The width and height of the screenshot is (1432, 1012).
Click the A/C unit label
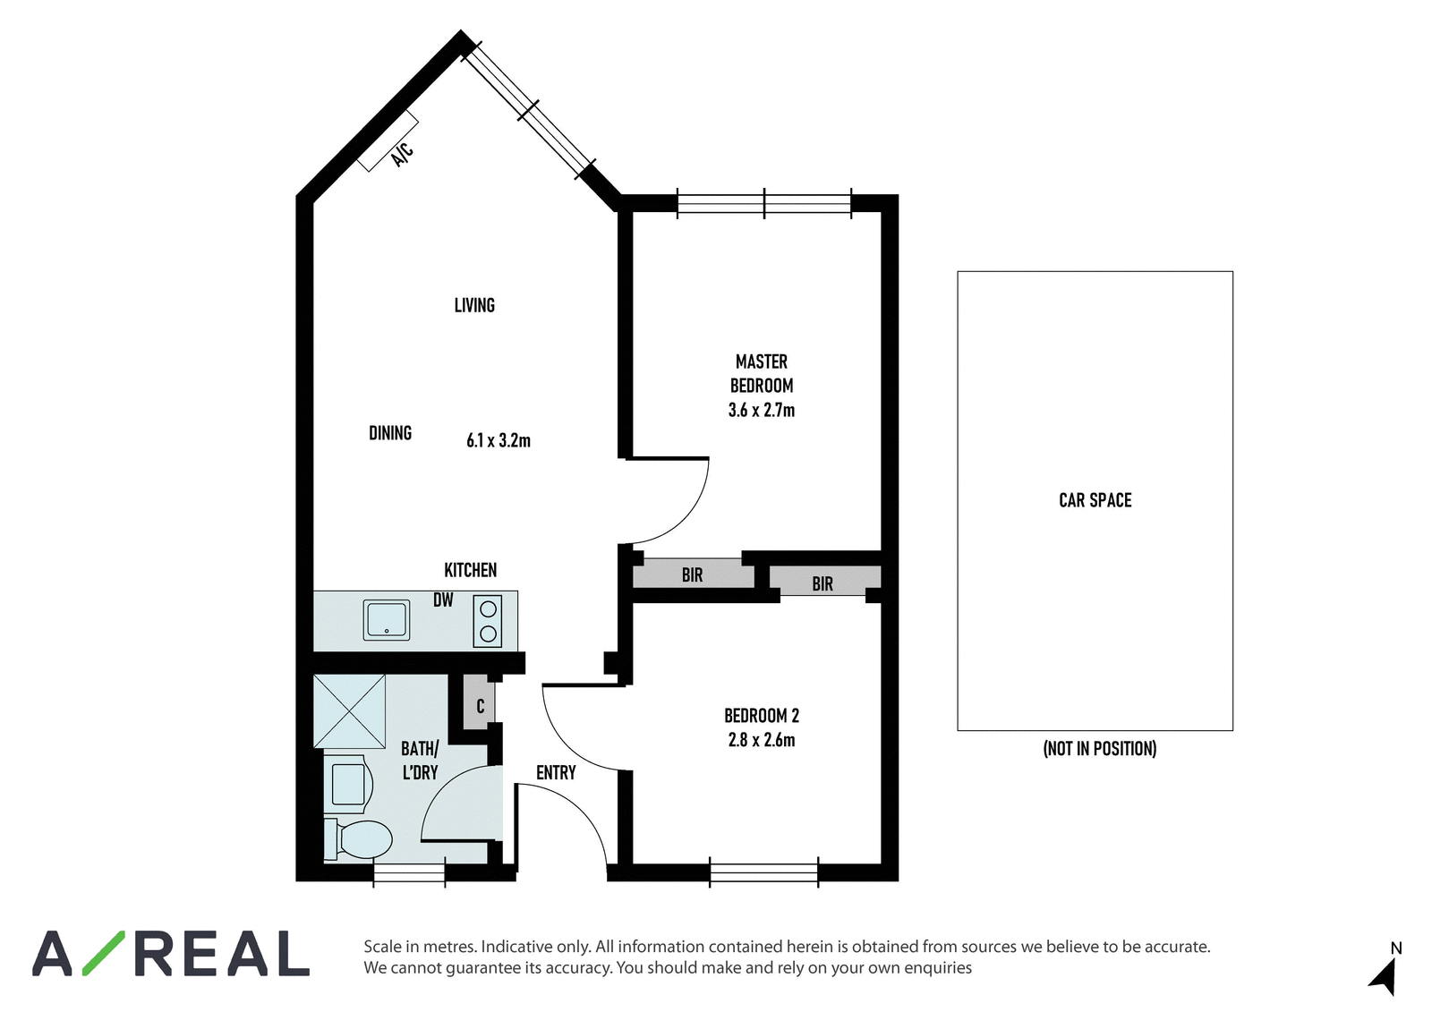(x=403, y=155)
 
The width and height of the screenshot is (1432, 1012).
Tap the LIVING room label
(x=474, y=306)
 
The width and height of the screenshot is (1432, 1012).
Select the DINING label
(x=390, y=433)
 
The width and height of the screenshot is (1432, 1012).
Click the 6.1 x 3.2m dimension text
(x=498, y=440)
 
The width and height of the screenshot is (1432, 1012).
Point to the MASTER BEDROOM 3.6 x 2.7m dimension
(x=762, y=410)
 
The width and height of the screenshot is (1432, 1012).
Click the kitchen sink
(x=387, y=620)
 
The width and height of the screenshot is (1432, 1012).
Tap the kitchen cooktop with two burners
(x=488, y=621)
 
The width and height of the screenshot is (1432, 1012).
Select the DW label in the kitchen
(x=443, y=600)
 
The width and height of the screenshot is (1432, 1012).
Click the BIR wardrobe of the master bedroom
(x=693, y=574)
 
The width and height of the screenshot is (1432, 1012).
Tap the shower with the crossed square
(x=350, y=710)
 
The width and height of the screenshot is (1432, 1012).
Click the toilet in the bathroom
(x=358, y=839)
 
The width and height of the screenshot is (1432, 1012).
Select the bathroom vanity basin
(x=348, y=784)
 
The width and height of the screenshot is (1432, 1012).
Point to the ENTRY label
(x=556, y=773)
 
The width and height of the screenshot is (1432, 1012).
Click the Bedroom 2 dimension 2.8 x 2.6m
(x=762, y=740)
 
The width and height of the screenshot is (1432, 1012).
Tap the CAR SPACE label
(x=1095, y=500)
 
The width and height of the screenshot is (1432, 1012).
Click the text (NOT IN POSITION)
(x=1100, y=748)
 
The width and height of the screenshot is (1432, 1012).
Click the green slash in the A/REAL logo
(x=104, y=953)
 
